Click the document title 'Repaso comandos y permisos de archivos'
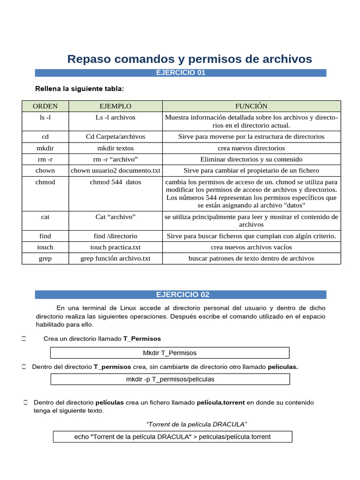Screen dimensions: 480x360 pyautogui.click(x=189, y=59)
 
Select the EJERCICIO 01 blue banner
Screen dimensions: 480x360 pyautogui.click(x=180, y=73)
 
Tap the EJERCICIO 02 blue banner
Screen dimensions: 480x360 pyautogui.click(x=180, y=294)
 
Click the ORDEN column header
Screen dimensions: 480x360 pyautogui.click(x=45, y=106)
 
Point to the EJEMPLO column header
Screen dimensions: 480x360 pyautogui.click(x=115, y=106)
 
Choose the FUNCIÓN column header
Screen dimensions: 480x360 pyautogui.click(x=251, y=106)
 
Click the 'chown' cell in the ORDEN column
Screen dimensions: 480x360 pyautogui.click(x=45, y=171)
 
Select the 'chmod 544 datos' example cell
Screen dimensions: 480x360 pyautogui.click(x=115, y=182)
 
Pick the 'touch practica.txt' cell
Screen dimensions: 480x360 pyautogui.click(x=115, y=247)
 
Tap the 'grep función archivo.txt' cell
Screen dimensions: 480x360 pyautogui.click(x=115, y=258)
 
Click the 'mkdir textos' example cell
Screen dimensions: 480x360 pyautogui.click(x=115, y=148)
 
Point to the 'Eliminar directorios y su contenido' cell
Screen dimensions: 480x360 pyautogui.click(x=251, y=159)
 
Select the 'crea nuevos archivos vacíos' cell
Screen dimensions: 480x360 pyautogui.click(x=251, y=247)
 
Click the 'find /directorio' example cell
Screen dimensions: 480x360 pyautogui.click(x=115, y=236)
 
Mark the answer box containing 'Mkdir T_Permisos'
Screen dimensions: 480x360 pyautogui.click(x=170, y=353)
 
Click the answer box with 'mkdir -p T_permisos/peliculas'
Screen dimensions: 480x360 pyautogui.click(x=170, y=379)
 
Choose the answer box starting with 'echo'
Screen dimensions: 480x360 pyautogui.click(x=172, y=437)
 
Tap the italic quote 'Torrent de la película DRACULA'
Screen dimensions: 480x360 pyautogui.click(x=196, y=424)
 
